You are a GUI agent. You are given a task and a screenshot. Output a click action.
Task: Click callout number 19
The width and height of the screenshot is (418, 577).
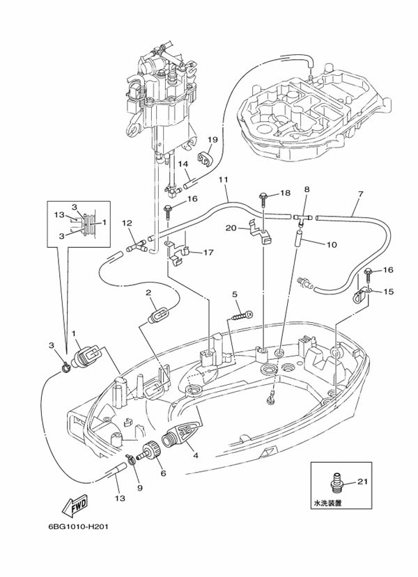coord(213,140)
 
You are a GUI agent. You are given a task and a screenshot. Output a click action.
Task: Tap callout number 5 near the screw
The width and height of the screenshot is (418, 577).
coord(235,294)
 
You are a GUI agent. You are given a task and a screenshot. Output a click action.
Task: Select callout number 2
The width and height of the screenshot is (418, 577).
coord(148,293)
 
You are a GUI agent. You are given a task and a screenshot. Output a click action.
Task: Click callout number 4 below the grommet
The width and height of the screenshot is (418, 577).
coord(196,456)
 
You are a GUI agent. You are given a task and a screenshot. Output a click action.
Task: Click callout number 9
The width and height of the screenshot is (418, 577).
coord(139,487)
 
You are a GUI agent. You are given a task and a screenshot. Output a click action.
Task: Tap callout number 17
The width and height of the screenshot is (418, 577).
coord(208,253)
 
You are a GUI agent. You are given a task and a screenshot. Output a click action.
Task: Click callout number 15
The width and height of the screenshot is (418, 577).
coord(388,292)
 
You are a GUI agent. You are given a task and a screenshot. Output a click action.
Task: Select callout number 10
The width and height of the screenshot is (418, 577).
coord(332,244)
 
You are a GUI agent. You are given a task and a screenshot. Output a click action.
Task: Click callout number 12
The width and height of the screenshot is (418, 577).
coord(127,223)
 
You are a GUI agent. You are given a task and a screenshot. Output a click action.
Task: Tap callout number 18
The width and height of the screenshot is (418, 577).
coord(285,193)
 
